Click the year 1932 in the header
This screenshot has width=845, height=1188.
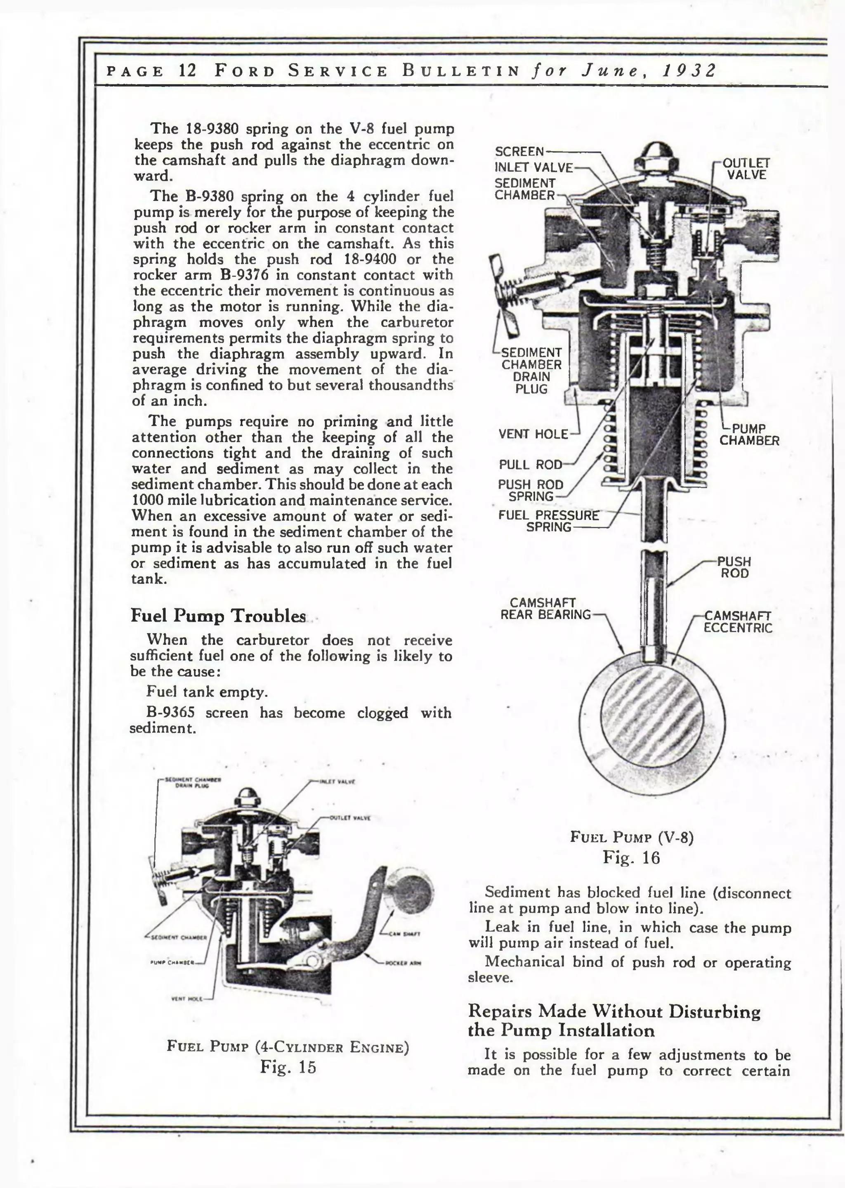click(689, 70)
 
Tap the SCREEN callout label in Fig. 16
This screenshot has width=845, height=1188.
click(519, 151)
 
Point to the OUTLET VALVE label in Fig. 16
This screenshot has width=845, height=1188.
click(746, 169)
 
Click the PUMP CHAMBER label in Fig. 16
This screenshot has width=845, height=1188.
click(749, 435)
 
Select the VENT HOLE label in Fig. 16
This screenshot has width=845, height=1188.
click(533, 434)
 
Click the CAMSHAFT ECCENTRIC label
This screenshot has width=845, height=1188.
click(737, 622)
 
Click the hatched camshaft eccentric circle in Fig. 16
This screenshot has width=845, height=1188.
click(651, 713)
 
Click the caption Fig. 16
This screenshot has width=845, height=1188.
click(631, 857)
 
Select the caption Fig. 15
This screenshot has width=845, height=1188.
click(288, 1067)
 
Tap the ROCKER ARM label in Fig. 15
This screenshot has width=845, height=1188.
click(403, 963)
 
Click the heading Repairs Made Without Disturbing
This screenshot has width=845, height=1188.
click(614, 1012)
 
